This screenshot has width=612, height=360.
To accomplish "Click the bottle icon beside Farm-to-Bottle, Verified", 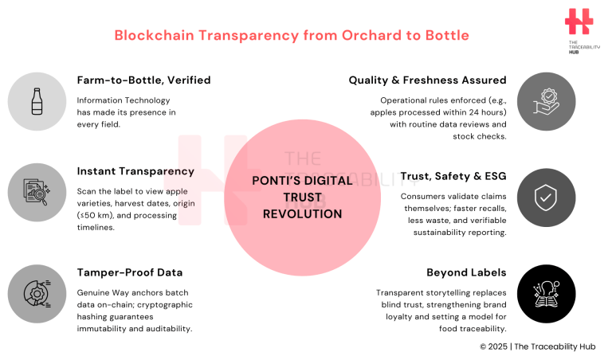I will (37, 101).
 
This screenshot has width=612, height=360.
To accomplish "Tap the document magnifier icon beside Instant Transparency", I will (37, 193).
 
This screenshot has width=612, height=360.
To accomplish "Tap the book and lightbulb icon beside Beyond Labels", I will (546, 293).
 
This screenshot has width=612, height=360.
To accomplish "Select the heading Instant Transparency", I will (135, 171).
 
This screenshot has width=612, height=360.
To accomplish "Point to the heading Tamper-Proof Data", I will (130, 272).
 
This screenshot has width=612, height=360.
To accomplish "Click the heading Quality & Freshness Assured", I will (427, 80).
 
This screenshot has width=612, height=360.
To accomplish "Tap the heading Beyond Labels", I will (467, 272).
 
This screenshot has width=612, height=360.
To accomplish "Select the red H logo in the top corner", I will (579, 22).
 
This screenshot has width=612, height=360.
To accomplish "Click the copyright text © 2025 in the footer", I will (494, 346).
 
